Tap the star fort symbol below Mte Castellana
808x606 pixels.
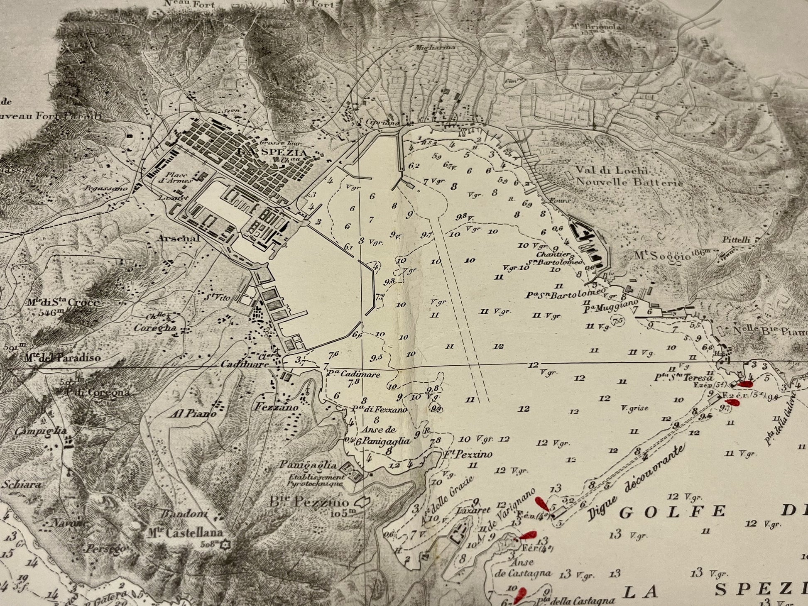pyautogui.click(x=225, y=544)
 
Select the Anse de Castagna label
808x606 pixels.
pyautogui.click(x=524, y=569)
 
